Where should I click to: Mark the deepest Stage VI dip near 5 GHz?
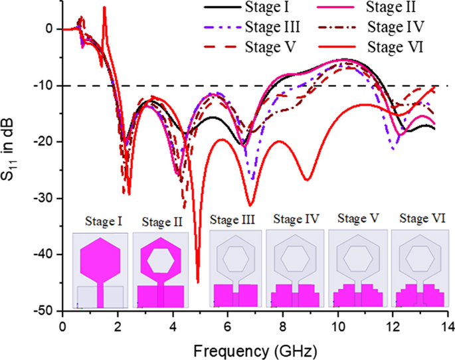197,282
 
